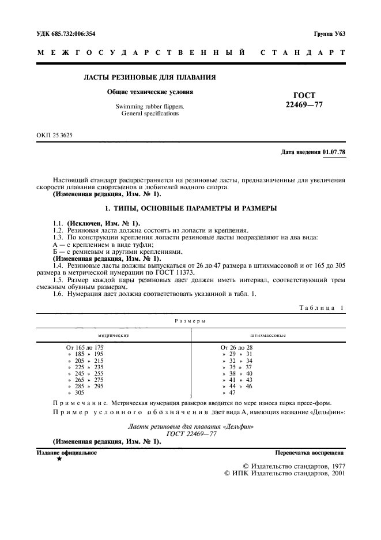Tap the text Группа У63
(x=329, y=33)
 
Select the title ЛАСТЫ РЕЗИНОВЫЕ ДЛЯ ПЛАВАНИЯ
(x=150, y=77)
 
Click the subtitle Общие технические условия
(x=150, y=92)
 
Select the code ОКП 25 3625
(x=55, y=136)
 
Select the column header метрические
(x=113, y=335)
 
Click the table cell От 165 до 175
(x=85, y=347)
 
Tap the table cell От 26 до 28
(x=236, y=347)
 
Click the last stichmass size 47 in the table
(x=233, y=392)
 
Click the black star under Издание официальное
(x=59, y=459)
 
